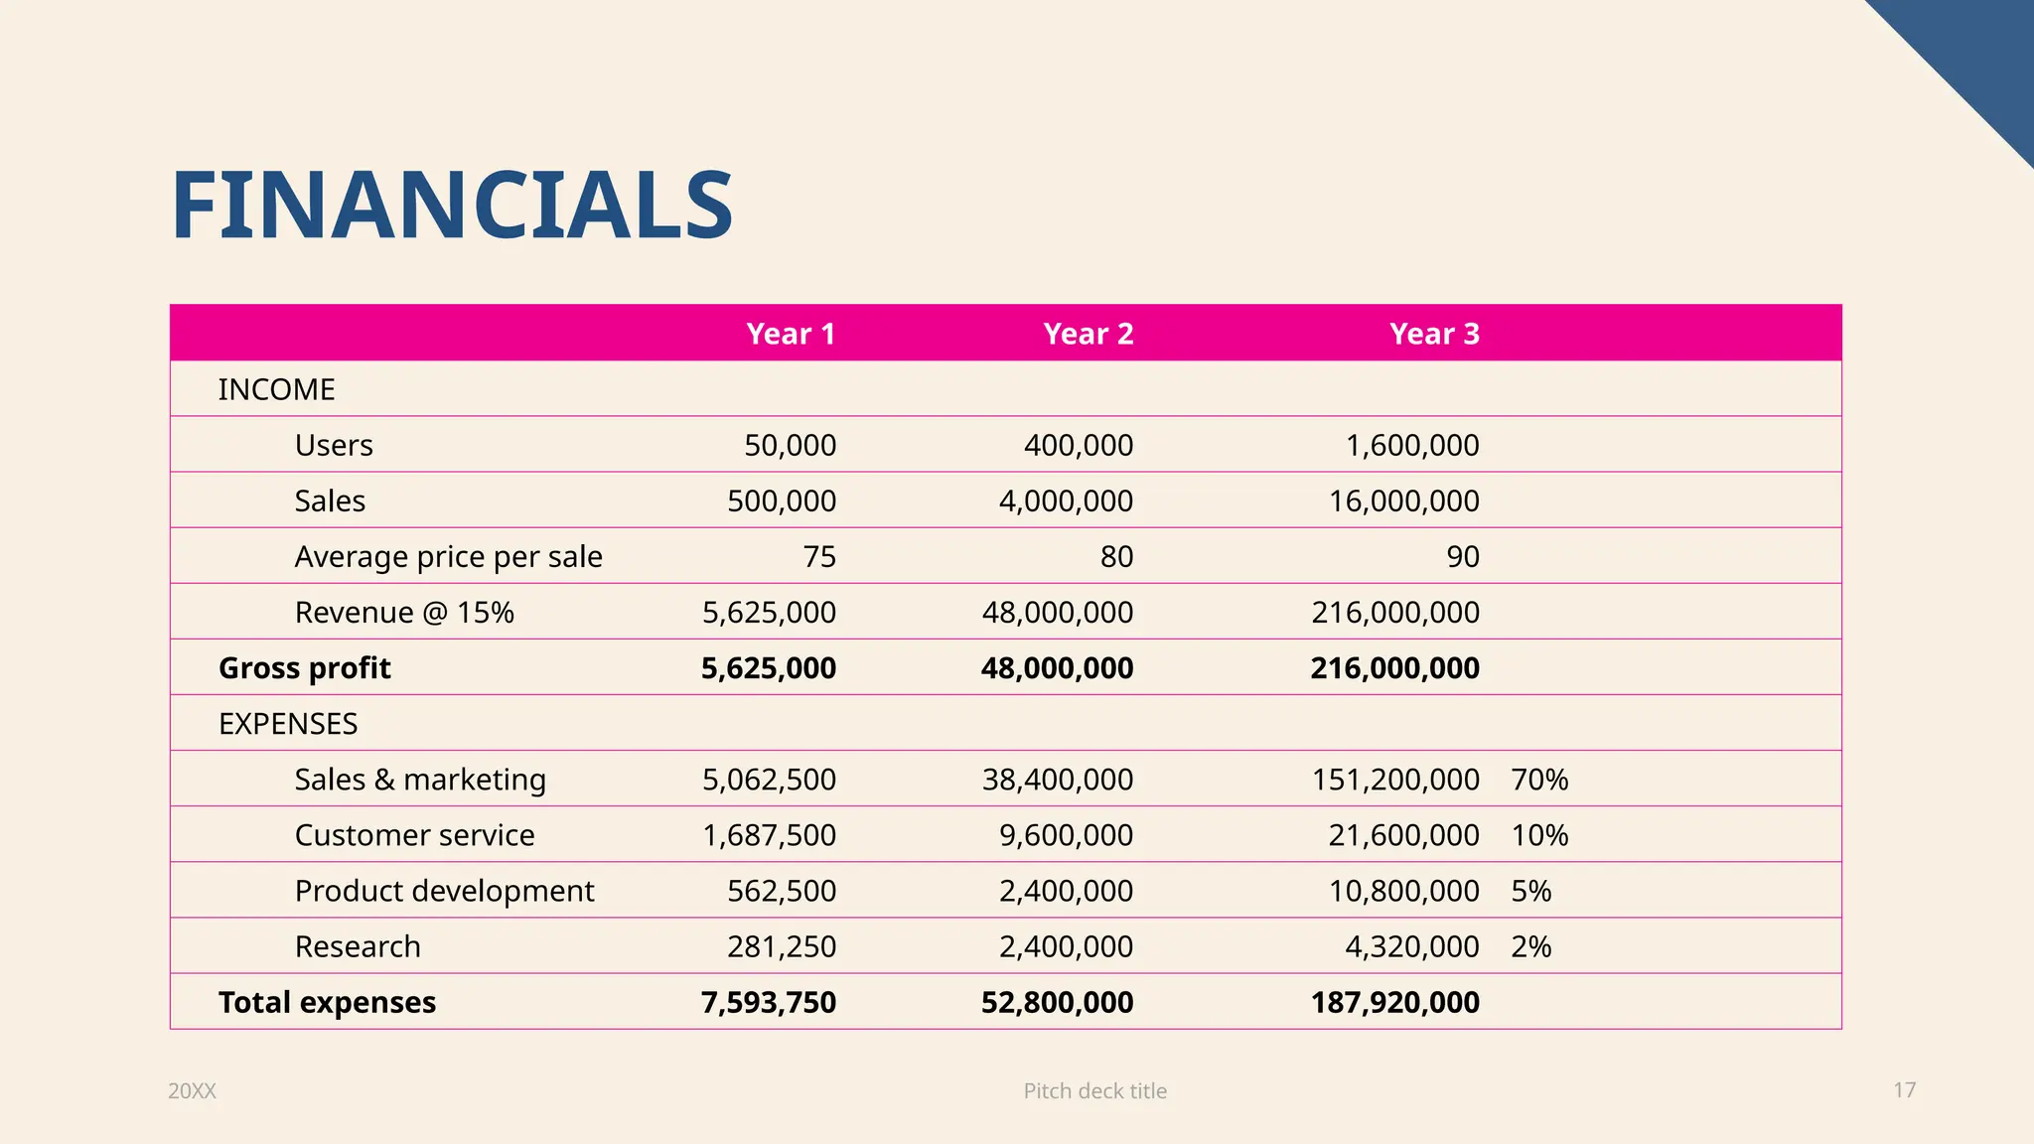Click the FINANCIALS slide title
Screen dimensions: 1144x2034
452,206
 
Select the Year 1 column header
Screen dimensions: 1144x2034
791,334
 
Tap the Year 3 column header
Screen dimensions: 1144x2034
1434,334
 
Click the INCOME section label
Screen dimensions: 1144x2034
276,389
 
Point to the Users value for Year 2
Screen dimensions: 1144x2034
1079,445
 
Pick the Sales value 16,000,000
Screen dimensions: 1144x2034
1403,500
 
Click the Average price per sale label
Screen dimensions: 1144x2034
448,557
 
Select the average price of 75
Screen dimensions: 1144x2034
819,557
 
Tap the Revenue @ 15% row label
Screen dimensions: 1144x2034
404,613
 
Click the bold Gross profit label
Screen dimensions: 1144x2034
304,668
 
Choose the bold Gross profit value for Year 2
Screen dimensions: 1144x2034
1057,668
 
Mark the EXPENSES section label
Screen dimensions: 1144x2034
288,724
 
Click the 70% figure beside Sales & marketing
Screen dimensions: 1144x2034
1539,780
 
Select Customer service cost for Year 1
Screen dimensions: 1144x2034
769,835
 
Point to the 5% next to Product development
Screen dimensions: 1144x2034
1530,891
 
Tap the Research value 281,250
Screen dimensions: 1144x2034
782,946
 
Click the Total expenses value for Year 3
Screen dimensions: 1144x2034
1394,1002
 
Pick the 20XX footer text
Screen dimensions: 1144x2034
192,1090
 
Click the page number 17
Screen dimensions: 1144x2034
1904,1090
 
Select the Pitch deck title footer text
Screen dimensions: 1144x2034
1094,1090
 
